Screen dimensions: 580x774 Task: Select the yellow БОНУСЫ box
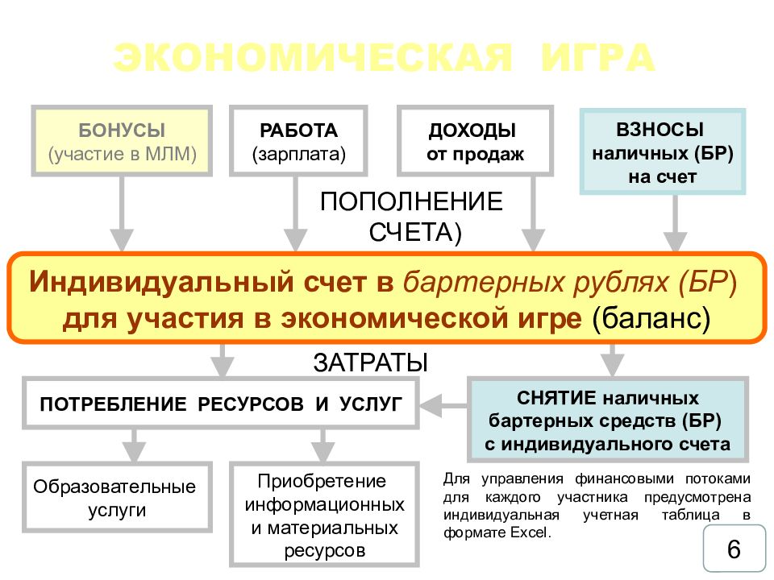(x=122, y=141)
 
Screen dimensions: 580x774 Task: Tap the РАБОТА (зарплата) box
(x=298, y=141)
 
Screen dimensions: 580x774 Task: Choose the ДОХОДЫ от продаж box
(x=475, y=141)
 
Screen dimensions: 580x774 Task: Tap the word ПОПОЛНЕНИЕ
(x=411, y=201)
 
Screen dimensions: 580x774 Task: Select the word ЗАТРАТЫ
(x=370, y=362)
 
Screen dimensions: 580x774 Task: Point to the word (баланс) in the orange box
(x=651, y=317)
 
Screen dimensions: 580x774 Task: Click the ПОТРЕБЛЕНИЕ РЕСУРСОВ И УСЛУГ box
(x=221, y=402)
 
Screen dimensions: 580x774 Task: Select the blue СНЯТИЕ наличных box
(x=609, y=420)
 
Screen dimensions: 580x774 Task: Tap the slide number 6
(x=733, y=550)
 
